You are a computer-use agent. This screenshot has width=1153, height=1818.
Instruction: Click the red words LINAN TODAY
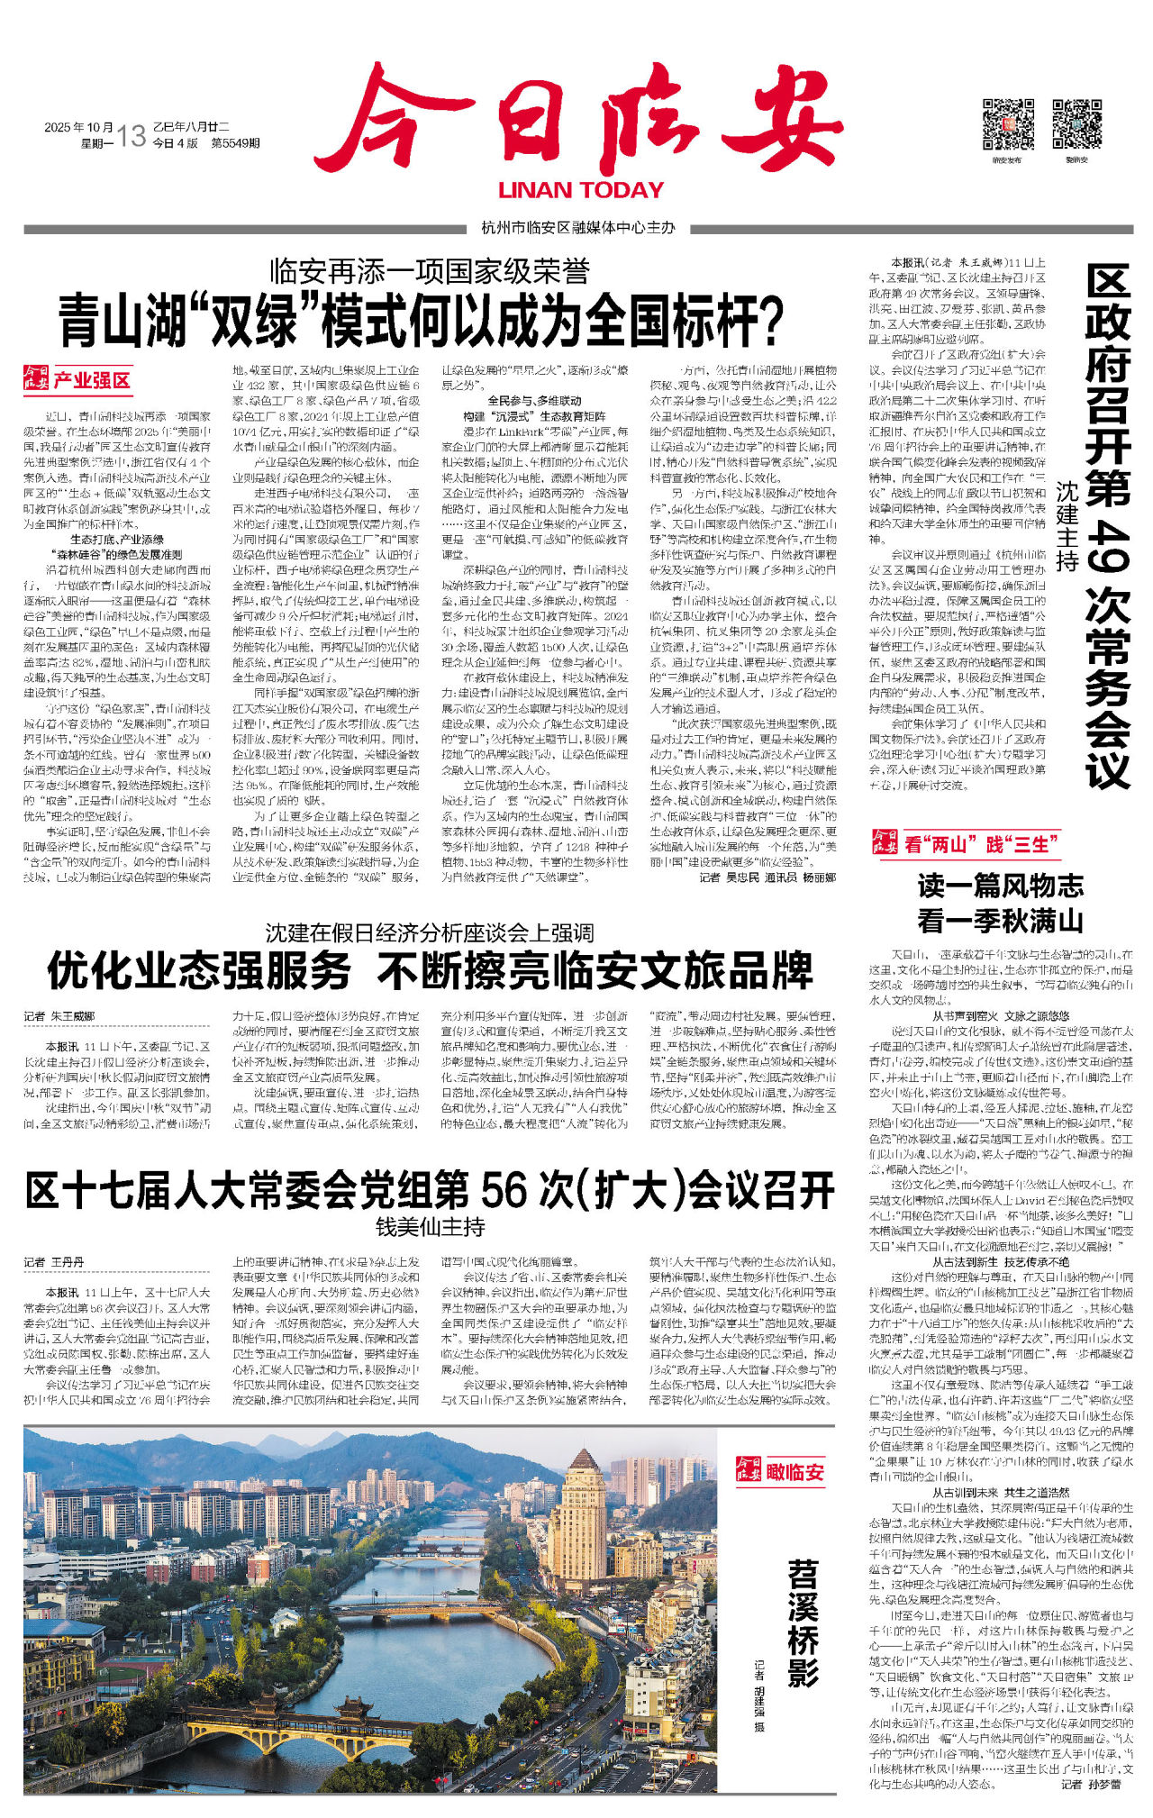coord(581,190)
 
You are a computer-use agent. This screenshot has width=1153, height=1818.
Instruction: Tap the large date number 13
coord(131,136)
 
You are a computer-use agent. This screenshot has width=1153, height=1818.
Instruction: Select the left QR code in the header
coord(1007,123)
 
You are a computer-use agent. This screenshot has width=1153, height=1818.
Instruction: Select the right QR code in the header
coord(1076,123)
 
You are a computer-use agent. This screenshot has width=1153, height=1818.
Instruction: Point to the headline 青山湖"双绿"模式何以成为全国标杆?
coord(421,321)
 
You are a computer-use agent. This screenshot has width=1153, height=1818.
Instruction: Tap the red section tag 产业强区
coord(91,380)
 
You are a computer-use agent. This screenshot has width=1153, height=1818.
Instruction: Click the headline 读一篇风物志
coord(1000,886)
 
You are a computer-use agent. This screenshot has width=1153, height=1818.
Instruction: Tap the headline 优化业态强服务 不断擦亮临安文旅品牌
coord(430,971)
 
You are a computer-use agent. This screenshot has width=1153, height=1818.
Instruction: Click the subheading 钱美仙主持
coord(430,1227)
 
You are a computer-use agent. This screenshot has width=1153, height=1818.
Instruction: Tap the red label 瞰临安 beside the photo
coord(795,1472)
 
